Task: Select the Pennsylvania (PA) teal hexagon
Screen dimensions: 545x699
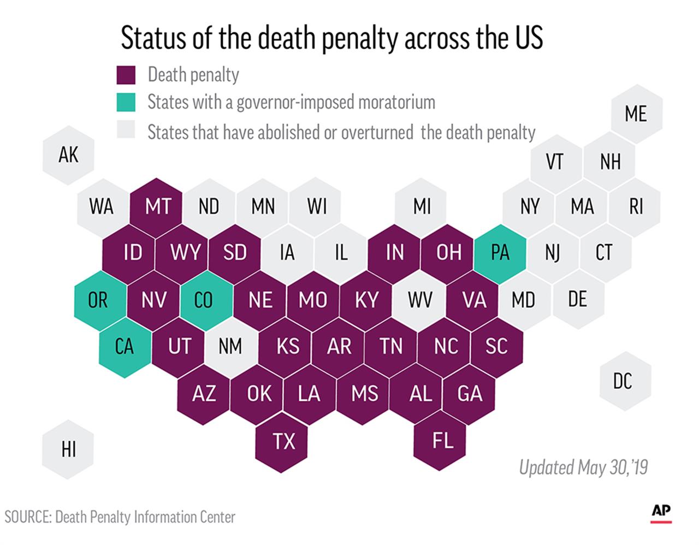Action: [x=500, y=253]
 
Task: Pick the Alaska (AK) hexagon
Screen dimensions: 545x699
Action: [x=69, y=155]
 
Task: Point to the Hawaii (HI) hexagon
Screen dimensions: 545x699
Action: [x=69, y=449]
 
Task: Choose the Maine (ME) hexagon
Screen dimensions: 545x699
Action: [x=636, y=114]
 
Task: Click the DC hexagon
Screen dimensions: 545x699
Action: [x=623, y=381]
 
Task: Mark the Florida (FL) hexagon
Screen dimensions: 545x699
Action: [x=442, y=440]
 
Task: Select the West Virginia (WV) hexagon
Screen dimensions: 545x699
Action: [x=420, y=300]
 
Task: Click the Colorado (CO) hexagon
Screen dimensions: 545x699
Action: [x=204, y=300]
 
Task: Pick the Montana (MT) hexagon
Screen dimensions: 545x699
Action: [x=158, y=207]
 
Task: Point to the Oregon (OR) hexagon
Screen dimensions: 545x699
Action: [x=98, y=300]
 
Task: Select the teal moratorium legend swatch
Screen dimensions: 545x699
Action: [x=126, y=102]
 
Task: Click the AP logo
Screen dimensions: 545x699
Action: [x=661, y=512]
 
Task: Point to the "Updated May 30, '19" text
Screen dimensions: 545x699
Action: [x=583, y=467]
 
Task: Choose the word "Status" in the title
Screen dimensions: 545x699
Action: [x=151, y=38]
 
